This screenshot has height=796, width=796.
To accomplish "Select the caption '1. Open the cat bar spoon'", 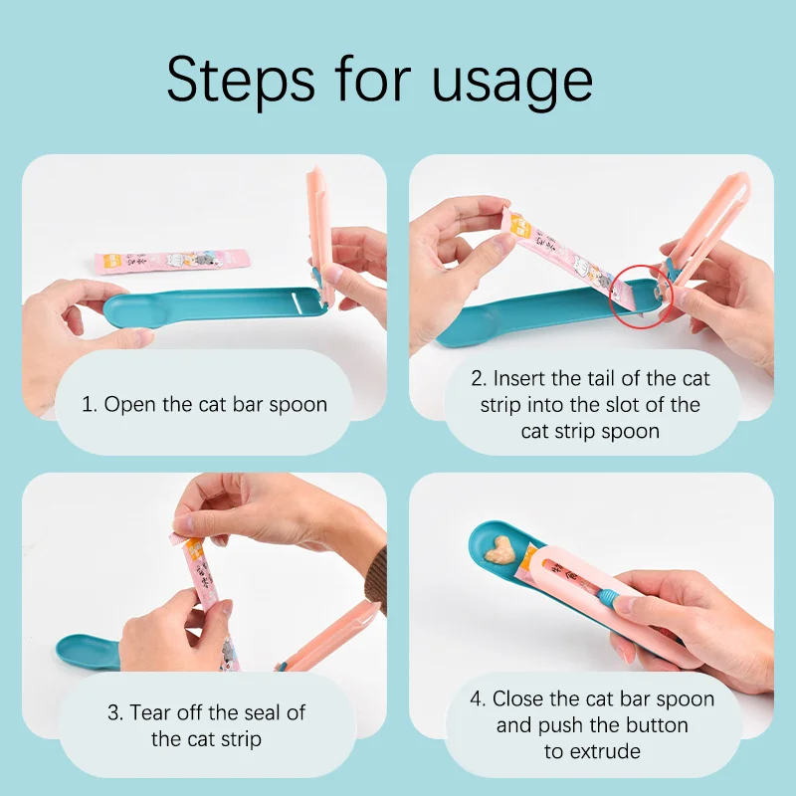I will tap(204, 404).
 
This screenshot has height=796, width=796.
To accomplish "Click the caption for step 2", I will tap(590, 404).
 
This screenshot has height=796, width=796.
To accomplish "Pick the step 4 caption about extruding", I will tap(592, 724).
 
